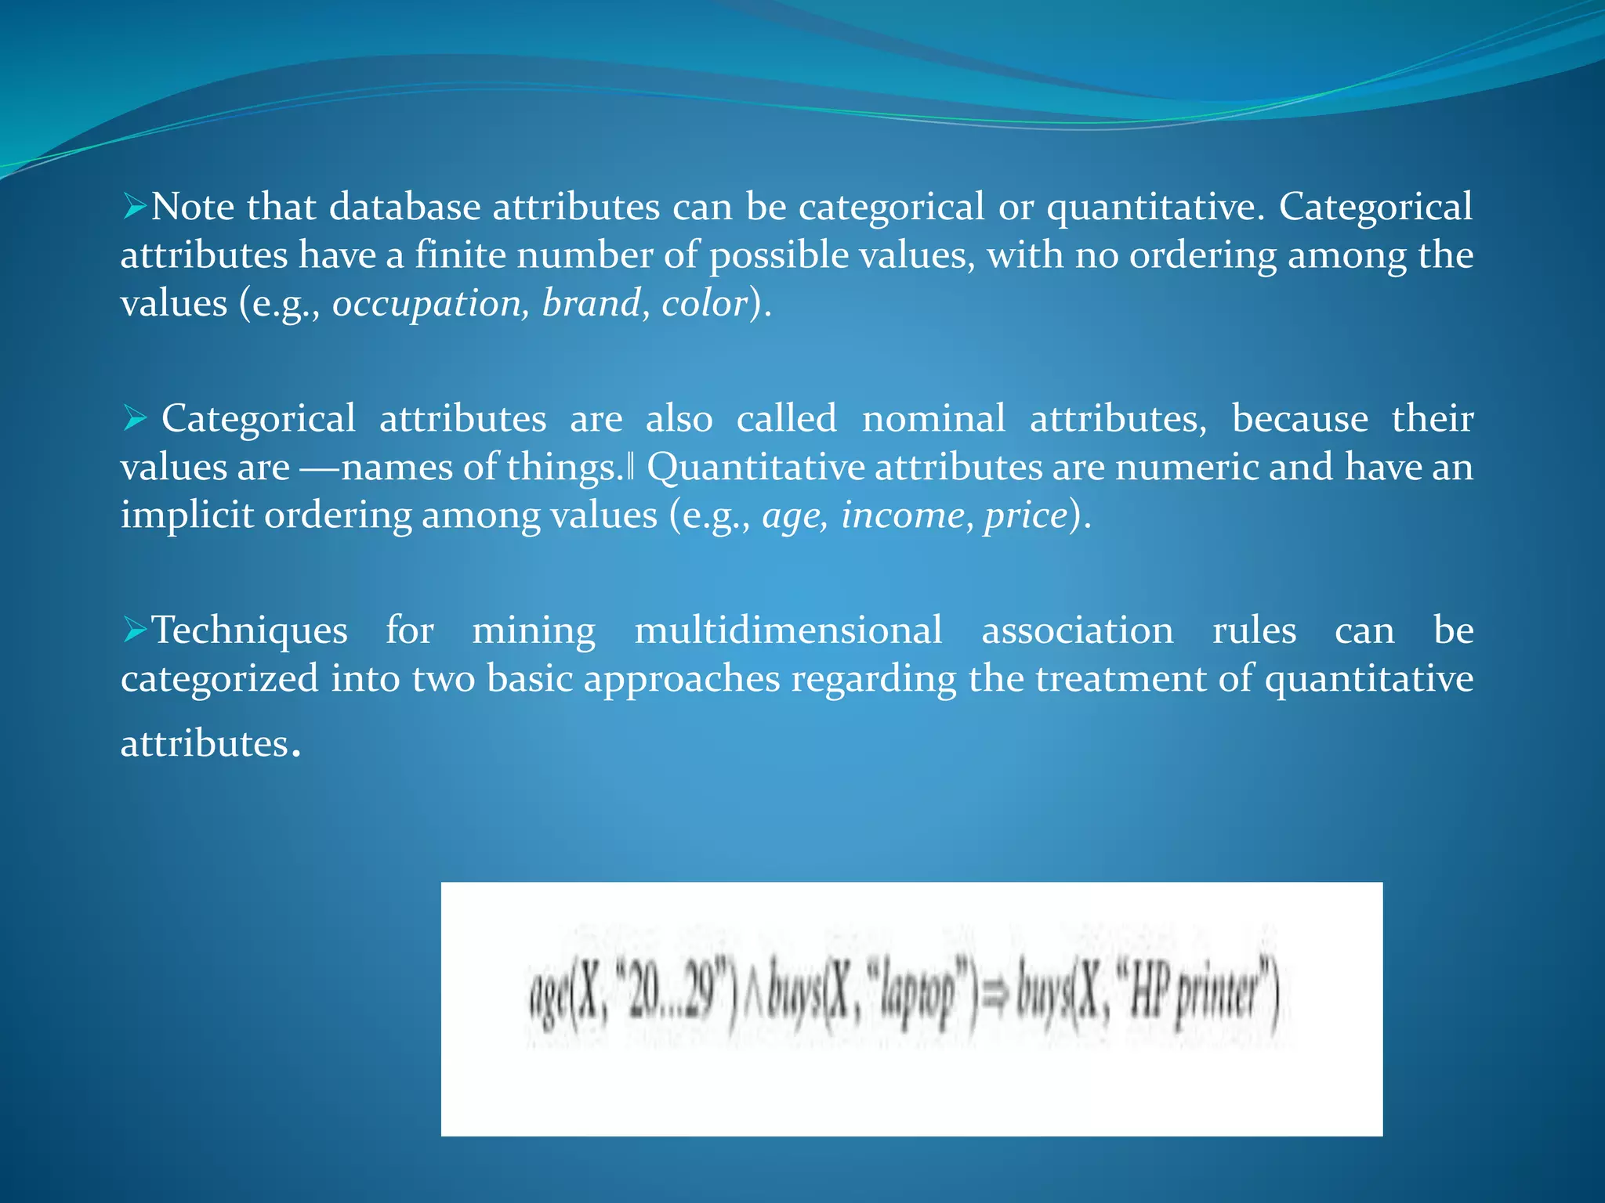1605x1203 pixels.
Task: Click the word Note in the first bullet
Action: pos(192,208)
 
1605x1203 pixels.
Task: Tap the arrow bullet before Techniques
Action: pos(135,630)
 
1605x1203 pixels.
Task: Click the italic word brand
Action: pos(592,304)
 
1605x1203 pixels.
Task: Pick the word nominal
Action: pos(933,419)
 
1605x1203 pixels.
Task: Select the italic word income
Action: pos(902,516)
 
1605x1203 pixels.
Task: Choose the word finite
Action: pos(460,256)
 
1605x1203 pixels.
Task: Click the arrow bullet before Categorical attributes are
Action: pos(135,418)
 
